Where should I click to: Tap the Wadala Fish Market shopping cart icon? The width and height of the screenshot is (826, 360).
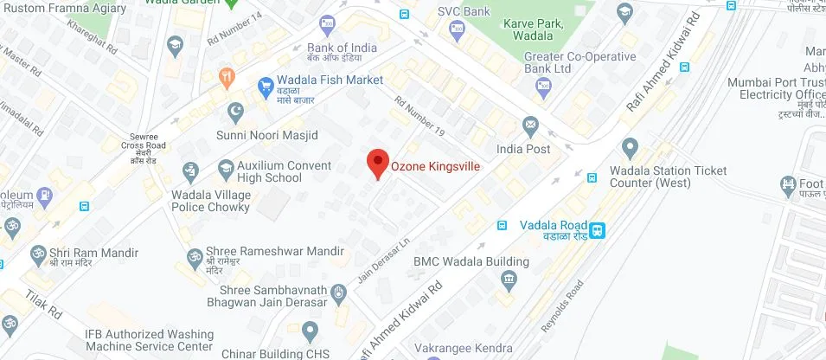click(x=266, y=85)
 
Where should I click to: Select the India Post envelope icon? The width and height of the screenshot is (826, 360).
click(x=529, y=125)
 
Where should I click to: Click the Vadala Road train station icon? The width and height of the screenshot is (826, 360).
click(x=598, y=229)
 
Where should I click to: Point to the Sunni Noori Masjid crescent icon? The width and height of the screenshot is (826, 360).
click(x=234, y=112)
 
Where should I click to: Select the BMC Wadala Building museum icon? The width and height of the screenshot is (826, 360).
click(x=509, y=279)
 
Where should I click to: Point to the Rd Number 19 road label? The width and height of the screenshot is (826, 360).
click(x=419, y=116)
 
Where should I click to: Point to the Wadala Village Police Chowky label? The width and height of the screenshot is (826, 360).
click(x=211, y=201)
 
